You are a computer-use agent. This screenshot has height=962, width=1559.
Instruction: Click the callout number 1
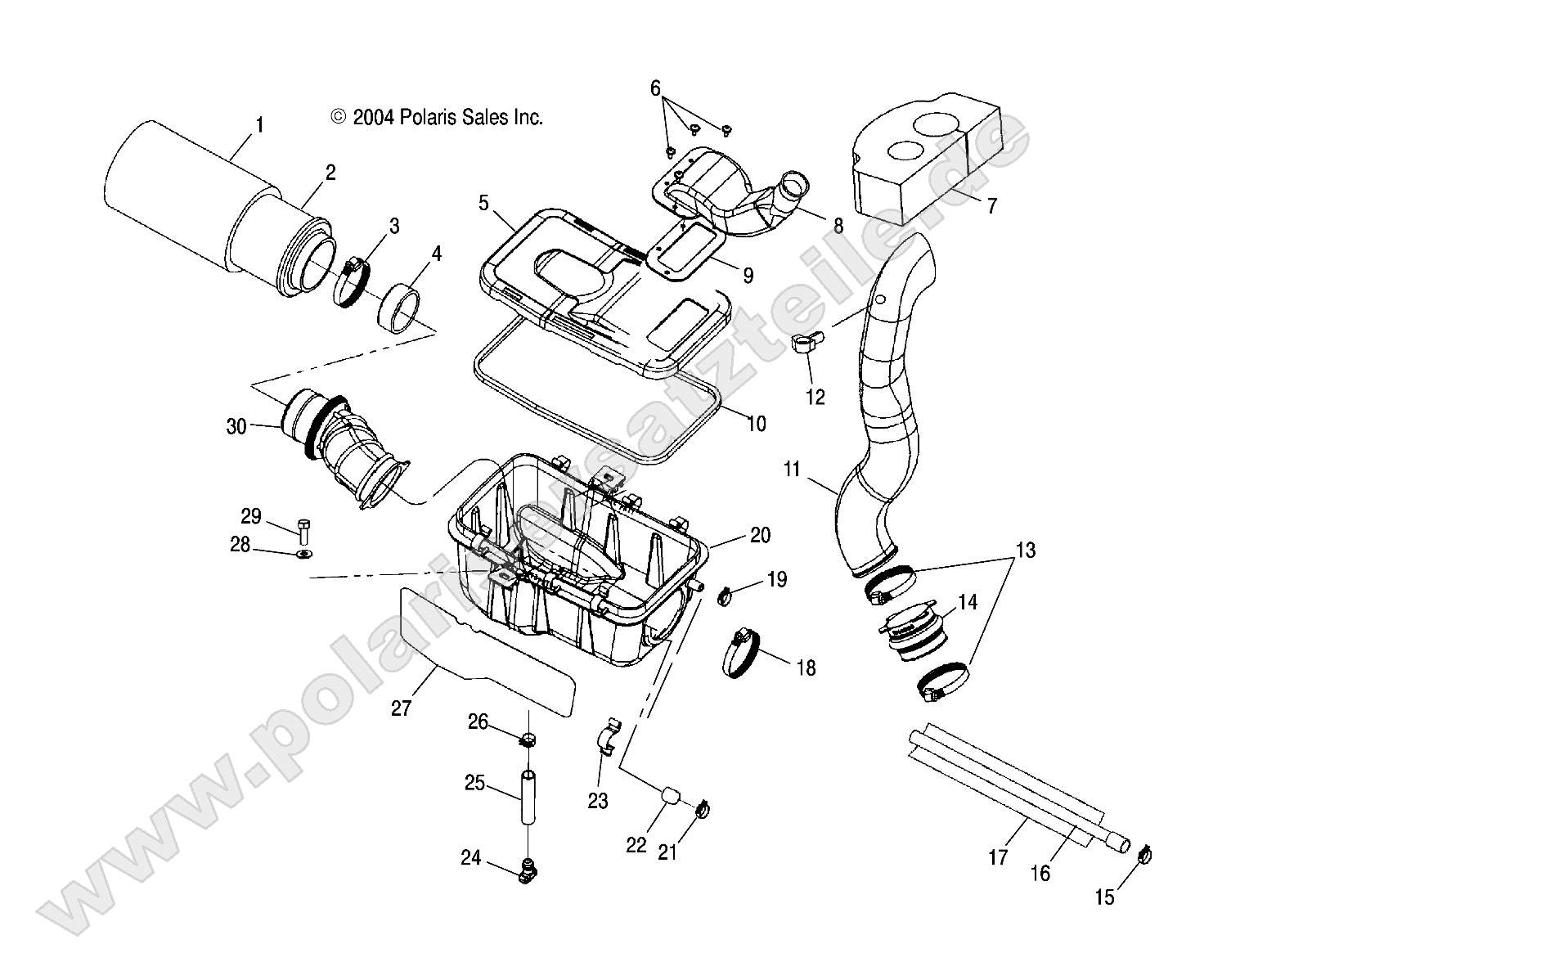tap(259, 125)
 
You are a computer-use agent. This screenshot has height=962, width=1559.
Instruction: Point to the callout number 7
tap(991, 206)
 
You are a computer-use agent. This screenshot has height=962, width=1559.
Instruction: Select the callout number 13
tap(1025, 551)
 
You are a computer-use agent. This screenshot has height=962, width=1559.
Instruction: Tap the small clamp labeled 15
tap(1145, 856)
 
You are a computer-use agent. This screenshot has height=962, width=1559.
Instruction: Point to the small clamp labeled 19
tap(724, 597)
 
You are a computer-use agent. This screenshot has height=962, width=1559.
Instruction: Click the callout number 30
tap(236, 427)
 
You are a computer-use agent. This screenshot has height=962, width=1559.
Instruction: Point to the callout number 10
tap(757, 424)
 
